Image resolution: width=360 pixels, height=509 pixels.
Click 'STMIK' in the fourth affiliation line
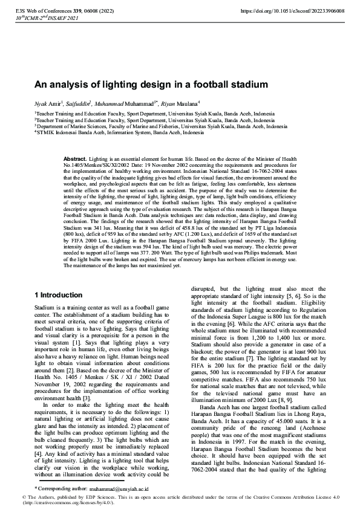tap(44, 132)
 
